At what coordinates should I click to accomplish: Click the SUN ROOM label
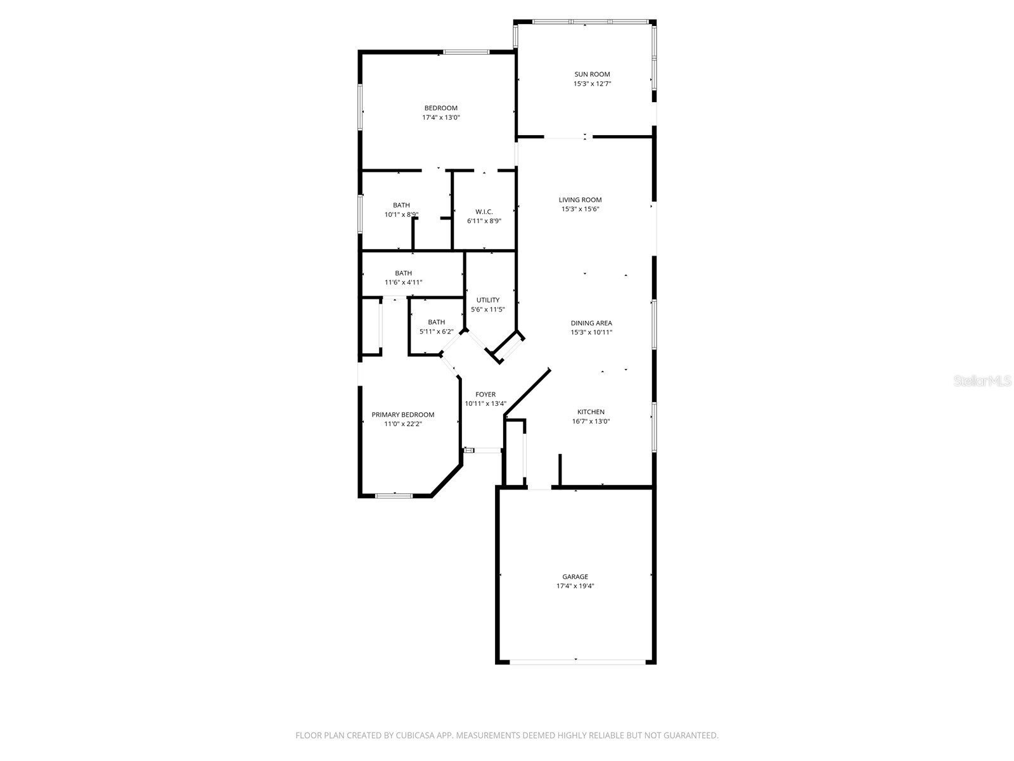(592, 74)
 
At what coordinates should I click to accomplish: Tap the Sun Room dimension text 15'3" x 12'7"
(592, 84)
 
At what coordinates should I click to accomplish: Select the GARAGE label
(575, 576)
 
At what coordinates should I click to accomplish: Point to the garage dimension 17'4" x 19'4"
(575, 586)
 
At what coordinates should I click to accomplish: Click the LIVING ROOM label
(580, 200)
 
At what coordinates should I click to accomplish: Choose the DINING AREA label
(591, 323)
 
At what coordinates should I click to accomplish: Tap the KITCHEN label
(591, 412)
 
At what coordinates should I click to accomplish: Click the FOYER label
(485, 394)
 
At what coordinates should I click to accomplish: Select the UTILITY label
(487, 300)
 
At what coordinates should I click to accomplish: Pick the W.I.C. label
(484, 212)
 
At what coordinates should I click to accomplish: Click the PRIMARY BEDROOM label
(403, 415)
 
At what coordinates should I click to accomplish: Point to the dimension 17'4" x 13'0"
(441, 117)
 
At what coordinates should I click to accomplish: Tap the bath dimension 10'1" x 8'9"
(401, 214)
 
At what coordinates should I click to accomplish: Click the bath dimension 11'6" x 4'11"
(403, 282)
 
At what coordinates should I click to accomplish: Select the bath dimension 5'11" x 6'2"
(436, 332)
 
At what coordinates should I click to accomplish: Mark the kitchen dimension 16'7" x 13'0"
(591, 421)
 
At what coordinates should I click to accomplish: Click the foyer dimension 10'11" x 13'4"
(485, 403)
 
